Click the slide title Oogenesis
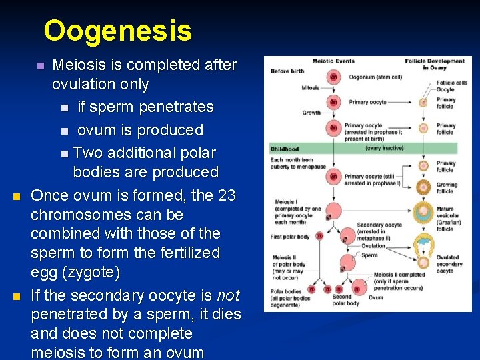117,31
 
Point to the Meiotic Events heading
333,61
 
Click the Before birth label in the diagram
287,71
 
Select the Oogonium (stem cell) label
375,77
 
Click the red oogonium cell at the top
333,77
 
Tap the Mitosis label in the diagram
310,87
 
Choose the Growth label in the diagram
311,113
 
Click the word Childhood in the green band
285,149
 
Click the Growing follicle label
446,187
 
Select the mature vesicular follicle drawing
422,213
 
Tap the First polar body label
291,236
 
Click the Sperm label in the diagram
369,255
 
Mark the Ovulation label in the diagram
373,245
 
